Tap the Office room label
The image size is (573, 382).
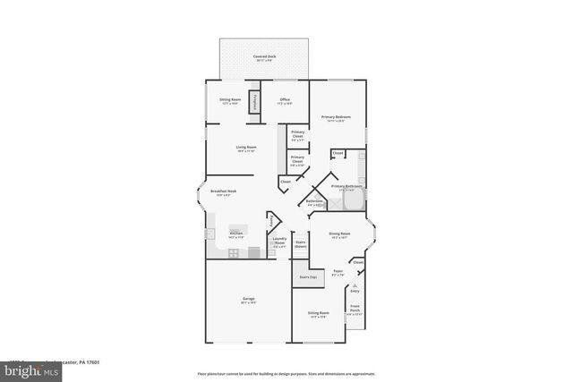284,100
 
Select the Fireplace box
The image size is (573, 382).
255,101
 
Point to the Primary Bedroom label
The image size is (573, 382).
336,118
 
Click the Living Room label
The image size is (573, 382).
246,149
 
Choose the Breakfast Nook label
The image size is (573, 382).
224,192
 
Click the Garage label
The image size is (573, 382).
248,300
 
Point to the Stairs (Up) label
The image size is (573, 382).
307,277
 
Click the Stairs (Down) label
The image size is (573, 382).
301,243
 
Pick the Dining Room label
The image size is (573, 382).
339,235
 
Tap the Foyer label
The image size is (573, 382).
338,272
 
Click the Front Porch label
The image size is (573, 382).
355,309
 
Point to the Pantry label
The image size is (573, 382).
272,220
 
